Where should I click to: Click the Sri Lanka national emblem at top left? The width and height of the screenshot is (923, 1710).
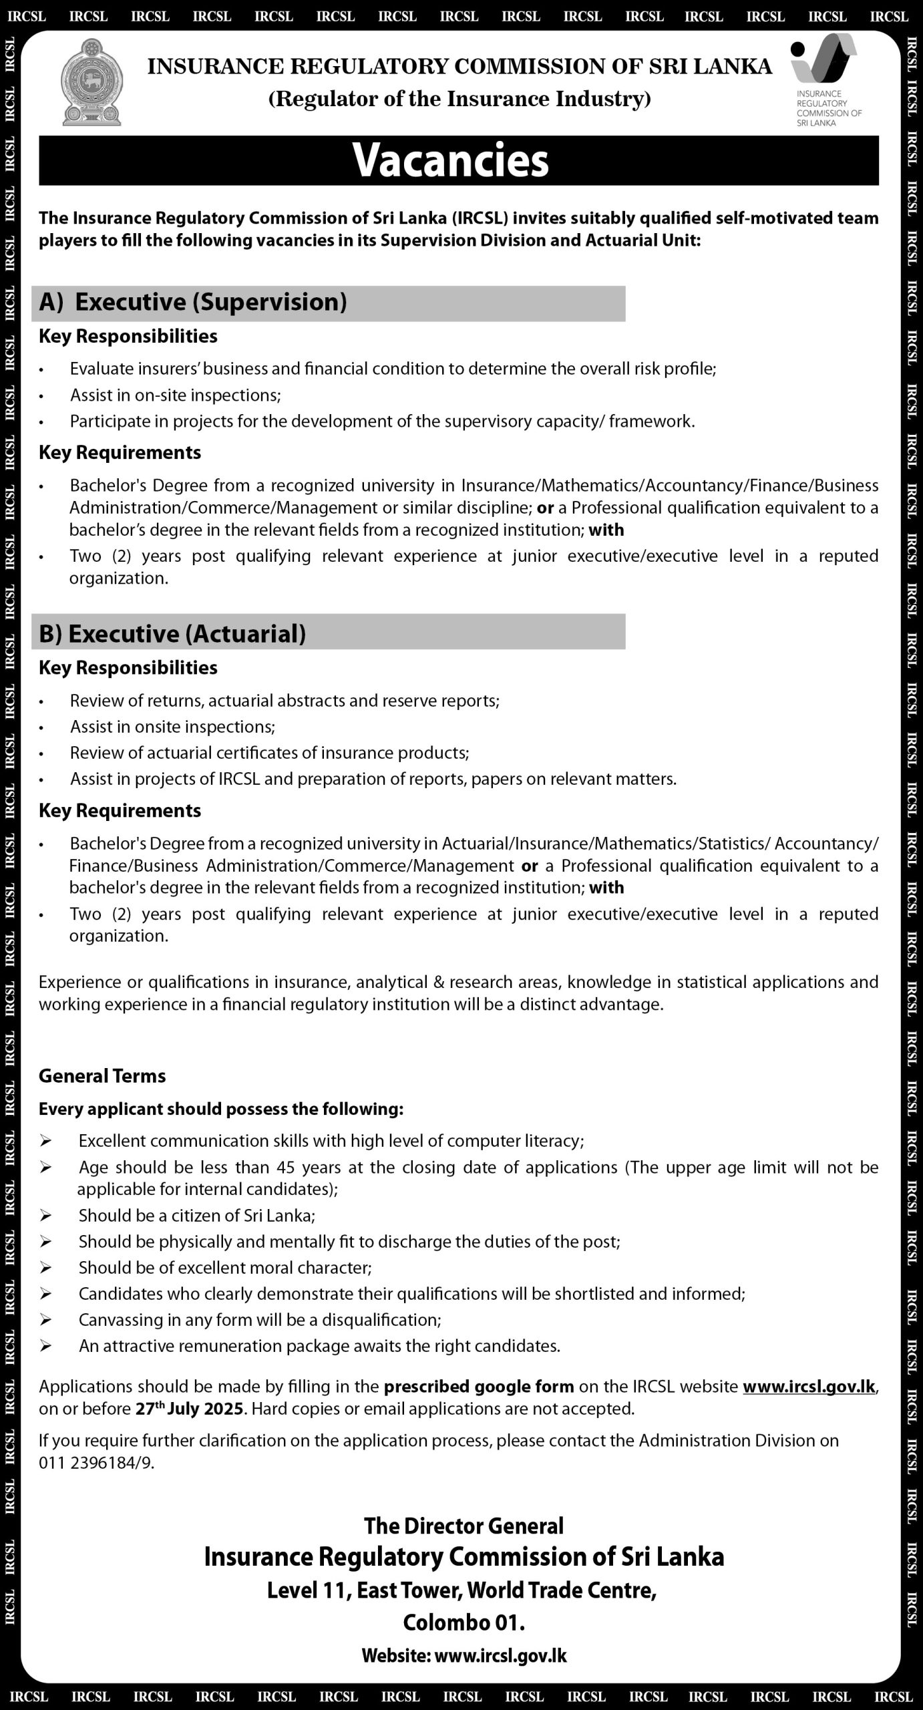point(91,82)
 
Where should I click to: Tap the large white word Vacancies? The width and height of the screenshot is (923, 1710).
point(451,160)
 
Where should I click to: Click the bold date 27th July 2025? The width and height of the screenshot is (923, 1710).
point(191,1409)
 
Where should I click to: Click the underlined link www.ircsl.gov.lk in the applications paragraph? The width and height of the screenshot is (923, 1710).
point(809,1387)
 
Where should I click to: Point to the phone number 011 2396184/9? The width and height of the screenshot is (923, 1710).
point(96,1463)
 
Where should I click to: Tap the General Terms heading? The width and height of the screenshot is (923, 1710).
point(102,1076)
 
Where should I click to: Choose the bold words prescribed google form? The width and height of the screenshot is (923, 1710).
point(479,1387)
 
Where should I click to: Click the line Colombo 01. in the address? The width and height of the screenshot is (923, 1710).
point(464,1622)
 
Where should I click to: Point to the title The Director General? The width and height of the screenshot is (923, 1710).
point(464,1526)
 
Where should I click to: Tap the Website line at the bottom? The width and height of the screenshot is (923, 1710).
point(464,1655)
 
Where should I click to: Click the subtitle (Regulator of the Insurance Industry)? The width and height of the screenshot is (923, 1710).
point(459,100)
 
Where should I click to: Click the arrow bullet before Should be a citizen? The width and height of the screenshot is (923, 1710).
point(46,1216)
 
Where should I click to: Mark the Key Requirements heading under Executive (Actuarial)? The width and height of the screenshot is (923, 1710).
point(120,811)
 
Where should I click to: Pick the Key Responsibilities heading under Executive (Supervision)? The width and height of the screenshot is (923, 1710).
point(128,336)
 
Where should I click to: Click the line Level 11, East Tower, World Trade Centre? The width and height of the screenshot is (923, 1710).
point(461,1591)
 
